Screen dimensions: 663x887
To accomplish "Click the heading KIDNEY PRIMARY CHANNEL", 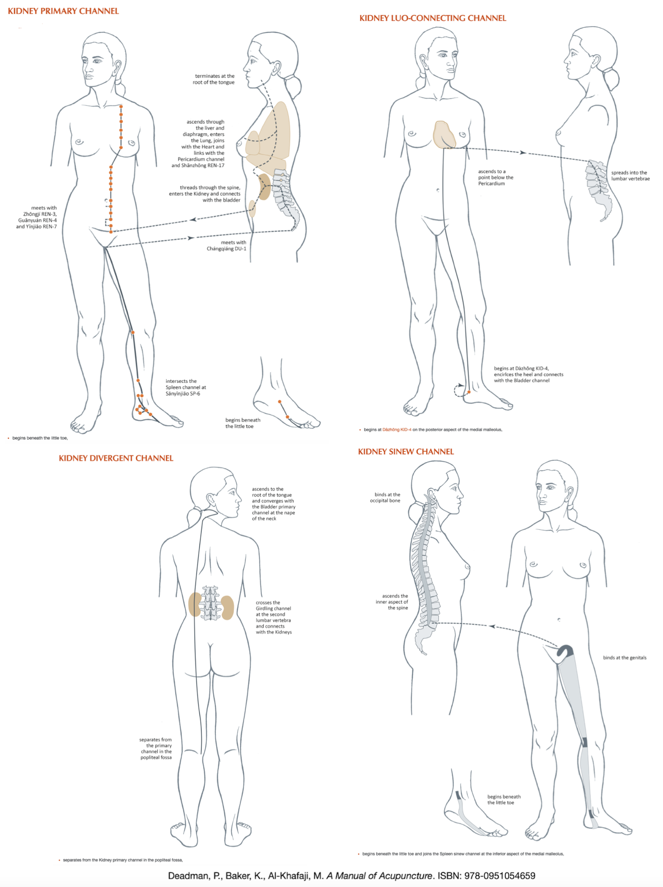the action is (x=63, y=11).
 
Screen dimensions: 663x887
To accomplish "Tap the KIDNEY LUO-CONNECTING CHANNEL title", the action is (x=433, y=18).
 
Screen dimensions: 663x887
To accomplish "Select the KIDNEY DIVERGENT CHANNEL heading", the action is (x=116, y=458).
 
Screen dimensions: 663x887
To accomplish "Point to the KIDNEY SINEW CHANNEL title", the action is (x=406, y=452).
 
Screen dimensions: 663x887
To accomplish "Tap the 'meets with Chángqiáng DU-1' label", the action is (x=226, y=245).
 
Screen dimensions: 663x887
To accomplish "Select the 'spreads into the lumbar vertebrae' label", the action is (x=631, y=176).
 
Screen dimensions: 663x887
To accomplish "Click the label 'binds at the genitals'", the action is (x=624, y=658).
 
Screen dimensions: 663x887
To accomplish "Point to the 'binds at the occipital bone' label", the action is (x=385, y=498).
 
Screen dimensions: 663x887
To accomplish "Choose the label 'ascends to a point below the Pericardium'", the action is (x=496, y=177).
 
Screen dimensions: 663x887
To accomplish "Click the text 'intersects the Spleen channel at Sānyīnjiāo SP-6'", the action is (x=186, y=387).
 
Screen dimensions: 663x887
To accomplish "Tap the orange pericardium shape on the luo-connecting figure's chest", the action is (x=444, y=135).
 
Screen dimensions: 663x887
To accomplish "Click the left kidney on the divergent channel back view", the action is (x=194, y=605).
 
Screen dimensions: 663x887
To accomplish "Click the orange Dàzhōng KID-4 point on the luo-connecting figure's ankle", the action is (x=469, y=392).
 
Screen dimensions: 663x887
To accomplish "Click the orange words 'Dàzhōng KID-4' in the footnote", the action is (x=397, y=429).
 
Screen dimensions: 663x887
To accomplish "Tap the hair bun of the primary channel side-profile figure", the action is (x=293, y=86).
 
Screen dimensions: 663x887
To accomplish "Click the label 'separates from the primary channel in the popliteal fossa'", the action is (x=155, y=749).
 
